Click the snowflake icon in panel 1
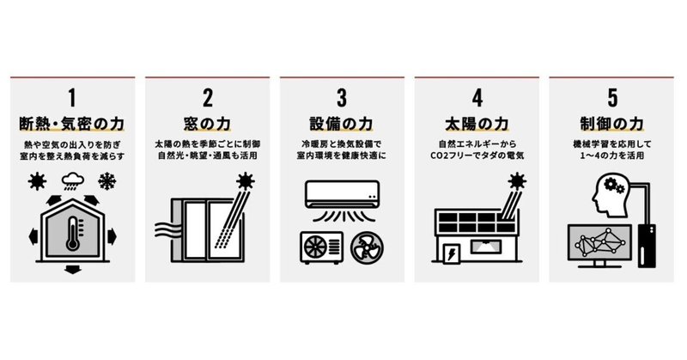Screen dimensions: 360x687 108,181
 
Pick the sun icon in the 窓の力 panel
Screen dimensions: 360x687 247,181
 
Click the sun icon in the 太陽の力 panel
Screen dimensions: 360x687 518,181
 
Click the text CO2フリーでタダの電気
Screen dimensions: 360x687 477,158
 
